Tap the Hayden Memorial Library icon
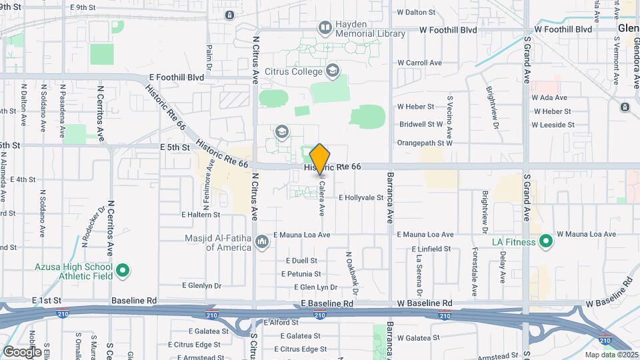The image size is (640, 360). [325, 27]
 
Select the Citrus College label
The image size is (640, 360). [293, 69]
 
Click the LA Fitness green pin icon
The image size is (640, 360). [546, 241]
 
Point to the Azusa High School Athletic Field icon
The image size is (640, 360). [122, 271]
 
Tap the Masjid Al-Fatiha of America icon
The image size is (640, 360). [262, 241]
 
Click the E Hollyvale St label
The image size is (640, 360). [361, 197]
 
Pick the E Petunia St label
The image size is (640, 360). [301, 274]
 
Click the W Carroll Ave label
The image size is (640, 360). [420, 63]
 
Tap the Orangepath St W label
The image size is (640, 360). [425, 143]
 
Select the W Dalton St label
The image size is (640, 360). [420, 12]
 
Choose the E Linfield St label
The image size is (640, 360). [425, 248]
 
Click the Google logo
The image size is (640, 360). [22, 351]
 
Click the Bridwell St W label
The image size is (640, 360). [421, 124]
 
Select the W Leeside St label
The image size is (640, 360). [553, 125]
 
